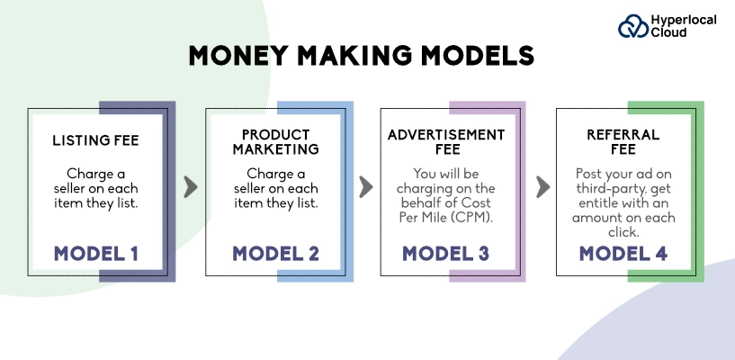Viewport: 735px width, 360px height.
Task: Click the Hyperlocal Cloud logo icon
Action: click(x=632, y=26)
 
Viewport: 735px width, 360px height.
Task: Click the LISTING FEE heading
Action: click(x=95, y=141)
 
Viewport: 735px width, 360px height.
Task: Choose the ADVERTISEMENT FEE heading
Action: click(x=446, y=141)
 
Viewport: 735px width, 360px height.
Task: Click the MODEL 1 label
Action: click(x=95, y=253)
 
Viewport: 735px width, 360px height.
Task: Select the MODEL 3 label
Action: click(x=446, y=253)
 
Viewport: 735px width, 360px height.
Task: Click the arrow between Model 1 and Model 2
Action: click(x=190, y=187)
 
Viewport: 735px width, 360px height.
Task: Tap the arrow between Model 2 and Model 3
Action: click(x=365, y=187)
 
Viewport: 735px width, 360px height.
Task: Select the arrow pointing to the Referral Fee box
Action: click(x=542, y=187)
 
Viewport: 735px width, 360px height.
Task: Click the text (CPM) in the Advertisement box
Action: click(x=474, y=218)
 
